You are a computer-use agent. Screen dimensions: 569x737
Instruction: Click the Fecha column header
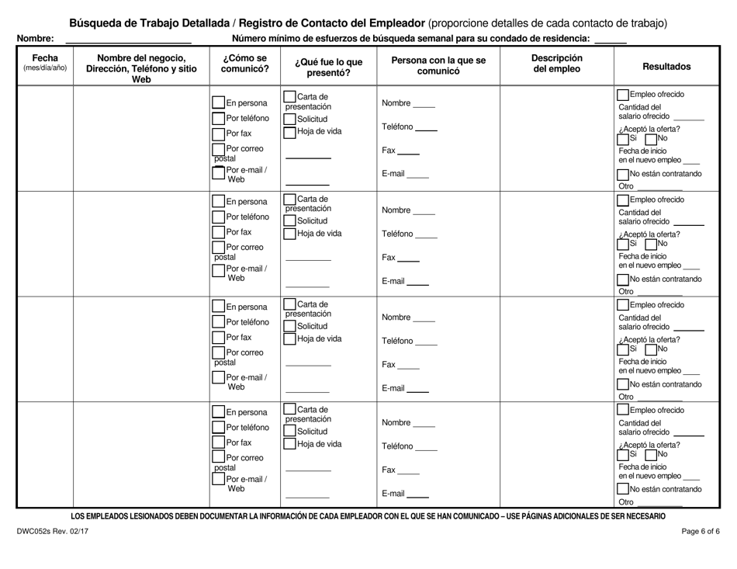(44, 63)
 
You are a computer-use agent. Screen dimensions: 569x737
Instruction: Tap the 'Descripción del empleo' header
(556, 64)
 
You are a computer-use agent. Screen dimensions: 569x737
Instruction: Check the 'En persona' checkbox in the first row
(217, 102)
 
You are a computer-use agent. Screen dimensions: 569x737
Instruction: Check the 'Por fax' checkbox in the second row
(217, 232)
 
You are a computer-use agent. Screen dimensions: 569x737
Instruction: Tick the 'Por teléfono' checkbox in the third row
(217, 322)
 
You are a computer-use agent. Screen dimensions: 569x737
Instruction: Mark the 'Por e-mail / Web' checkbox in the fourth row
(217, 484)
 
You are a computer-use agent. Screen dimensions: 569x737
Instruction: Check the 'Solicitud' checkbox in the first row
(289, 119)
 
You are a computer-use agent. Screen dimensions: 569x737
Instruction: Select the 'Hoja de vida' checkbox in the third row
(289, 338)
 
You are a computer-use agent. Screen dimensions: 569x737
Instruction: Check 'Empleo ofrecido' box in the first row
(623, 95)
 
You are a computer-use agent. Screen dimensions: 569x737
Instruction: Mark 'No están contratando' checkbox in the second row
(623, 279)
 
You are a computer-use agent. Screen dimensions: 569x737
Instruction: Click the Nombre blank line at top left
(128, 39)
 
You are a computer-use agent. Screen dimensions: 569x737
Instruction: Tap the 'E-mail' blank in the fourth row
(418, 494)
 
